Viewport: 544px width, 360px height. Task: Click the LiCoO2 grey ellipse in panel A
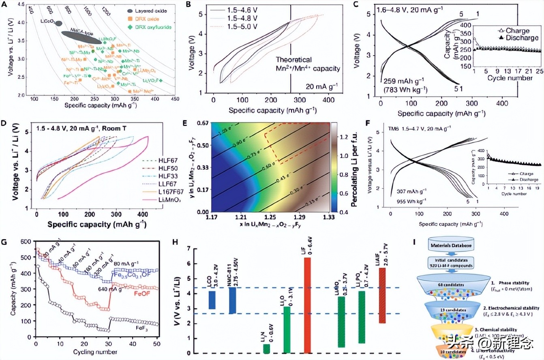pos(58,24)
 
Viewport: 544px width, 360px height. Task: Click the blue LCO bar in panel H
pos(212,300)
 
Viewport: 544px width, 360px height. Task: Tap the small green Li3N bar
pos(266,349)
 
